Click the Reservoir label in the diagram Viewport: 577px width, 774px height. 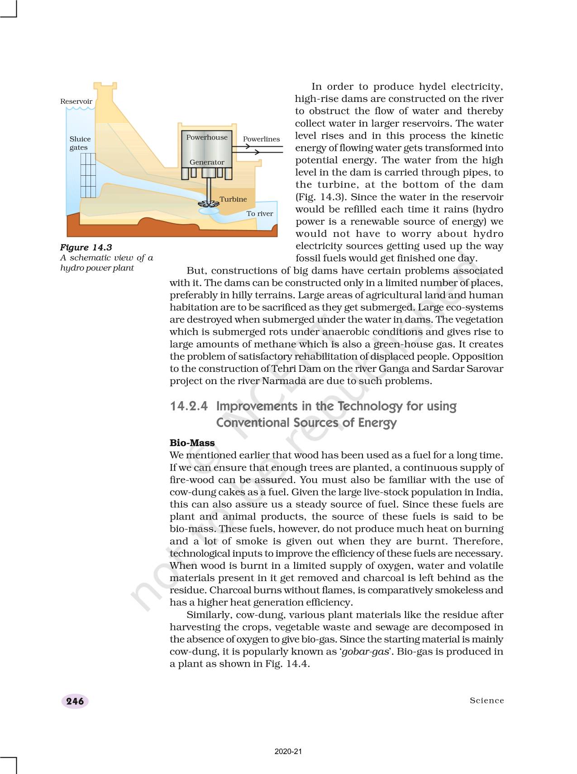[x=76, y=101]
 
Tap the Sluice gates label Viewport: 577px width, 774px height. [x=80, y=143]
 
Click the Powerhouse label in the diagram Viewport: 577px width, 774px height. [x=207, y=137]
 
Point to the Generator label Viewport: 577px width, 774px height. [x=207, y=162]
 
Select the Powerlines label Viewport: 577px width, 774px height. [x=261, y=139]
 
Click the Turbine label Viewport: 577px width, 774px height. [x=233, y=199]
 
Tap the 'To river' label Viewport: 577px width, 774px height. [x=259, y=214]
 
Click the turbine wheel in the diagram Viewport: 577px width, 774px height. [x=209, y=204]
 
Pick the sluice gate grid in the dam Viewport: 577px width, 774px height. [x=88, y=175]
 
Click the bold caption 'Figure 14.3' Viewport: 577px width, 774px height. [x=86, y=247]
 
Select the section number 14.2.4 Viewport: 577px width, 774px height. [x=189, y=406]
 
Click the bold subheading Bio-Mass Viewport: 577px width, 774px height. [x=192, y=443]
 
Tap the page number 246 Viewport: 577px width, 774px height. [x=75, y=702]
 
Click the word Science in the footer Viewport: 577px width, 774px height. [x=486, y=701]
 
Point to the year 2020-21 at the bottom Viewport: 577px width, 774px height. [x=288, y=752]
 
